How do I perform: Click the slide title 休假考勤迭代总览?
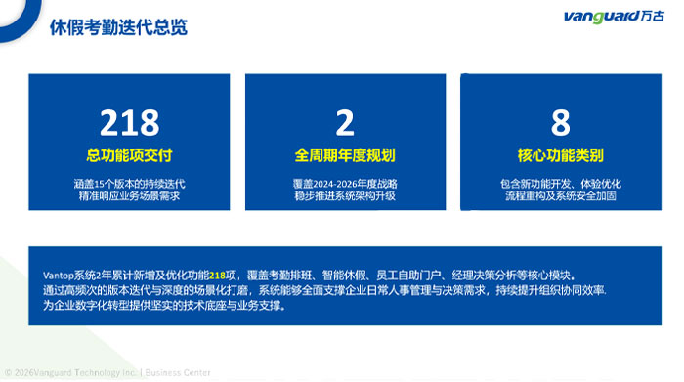tap(118, 27)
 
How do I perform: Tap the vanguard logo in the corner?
tap(614, 17)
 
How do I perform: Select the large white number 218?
tap(130, 122)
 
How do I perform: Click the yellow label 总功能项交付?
tap(130, 155)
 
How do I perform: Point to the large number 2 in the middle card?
tap(345, 122)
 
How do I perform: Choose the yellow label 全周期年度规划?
tap(345, 155)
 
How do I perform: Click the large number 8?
tap(561, 122)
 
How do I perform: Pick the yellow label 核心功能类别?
tap(561, 155)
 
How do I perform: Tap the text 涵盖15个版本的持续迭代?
tap(130, 184)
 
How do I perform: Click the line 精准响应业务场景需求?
tap(130, 195)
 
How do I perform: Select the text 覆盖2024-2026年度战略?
tap(345, 184)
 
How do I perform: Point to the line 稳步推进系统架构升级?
tap(345, 195)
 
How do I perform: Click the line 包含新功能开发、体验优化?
tap(561, 184)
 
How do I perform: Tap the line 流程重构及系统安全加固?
tap(561, 195)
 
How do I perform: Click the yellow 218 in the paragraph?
tap(217, 276)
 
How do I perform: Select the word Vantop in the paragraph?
tap(59, 276)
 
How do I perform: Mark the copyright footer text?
tap(107, 373)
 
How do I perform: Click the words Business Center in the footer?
tap(178, 373)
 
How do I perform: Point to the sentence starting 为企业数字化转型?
tap(165, 305)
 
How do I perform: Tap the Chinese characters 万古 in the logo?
tap(653, 17)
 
